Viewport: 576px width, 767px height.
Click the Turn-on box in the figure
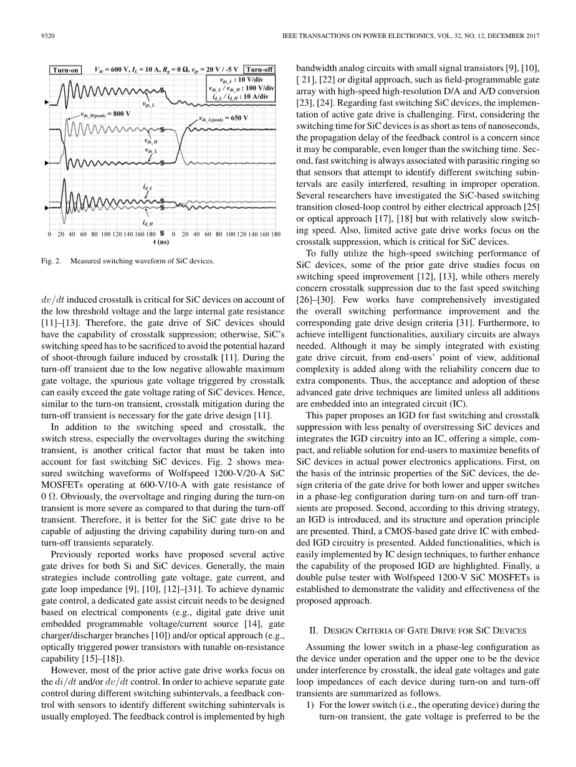pyautogui.click(x=65, y=70)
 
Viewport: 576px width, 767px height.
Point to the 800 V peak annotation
pyautogui.click(x=105, y=114)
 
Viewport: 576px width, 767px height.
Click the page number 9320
pyautogui.click(x=39, y=35)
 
